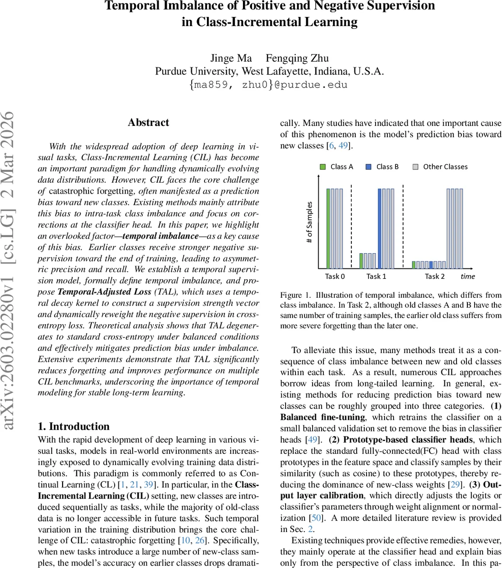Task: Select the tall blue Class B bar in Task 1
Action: [380, 228]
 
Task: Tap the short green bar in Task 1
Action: [361, 261]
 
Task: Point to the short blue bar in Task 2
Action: [430, 265]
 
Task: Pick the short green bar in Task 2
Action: [413, 265]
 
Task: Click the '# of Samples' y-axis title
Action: [310, 222]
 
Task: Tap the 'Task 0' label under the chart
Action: [335, 276]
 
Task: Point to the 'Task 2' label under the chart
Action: [434, 276]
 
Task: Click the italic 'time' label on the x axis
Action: [467, 276]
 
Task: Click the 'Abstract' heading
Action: [148, 123]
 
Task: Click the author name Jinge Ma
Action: [229, 59]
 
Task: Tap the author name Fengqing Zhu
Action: [297, 59]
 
